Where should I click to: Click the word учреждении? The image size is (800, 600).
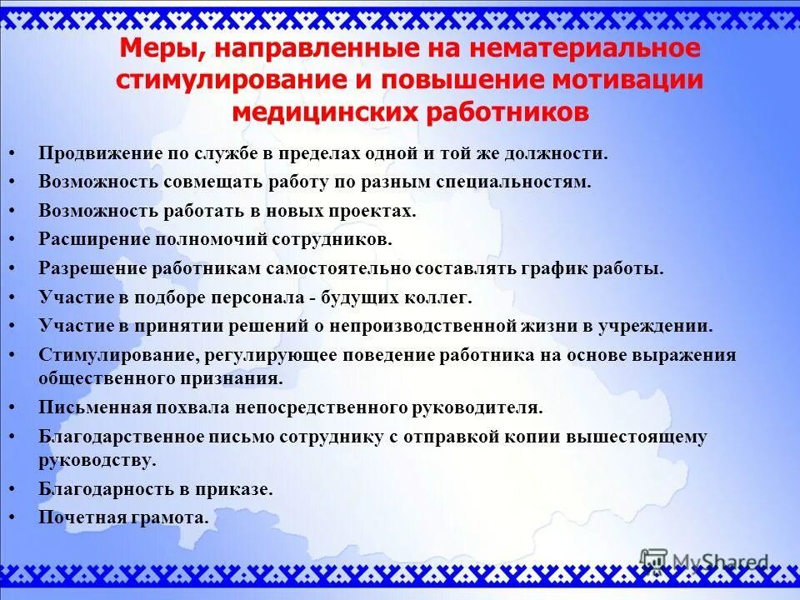point(665,326)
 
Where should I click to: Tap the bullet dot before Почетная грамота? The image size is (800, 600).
point(12,517)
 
